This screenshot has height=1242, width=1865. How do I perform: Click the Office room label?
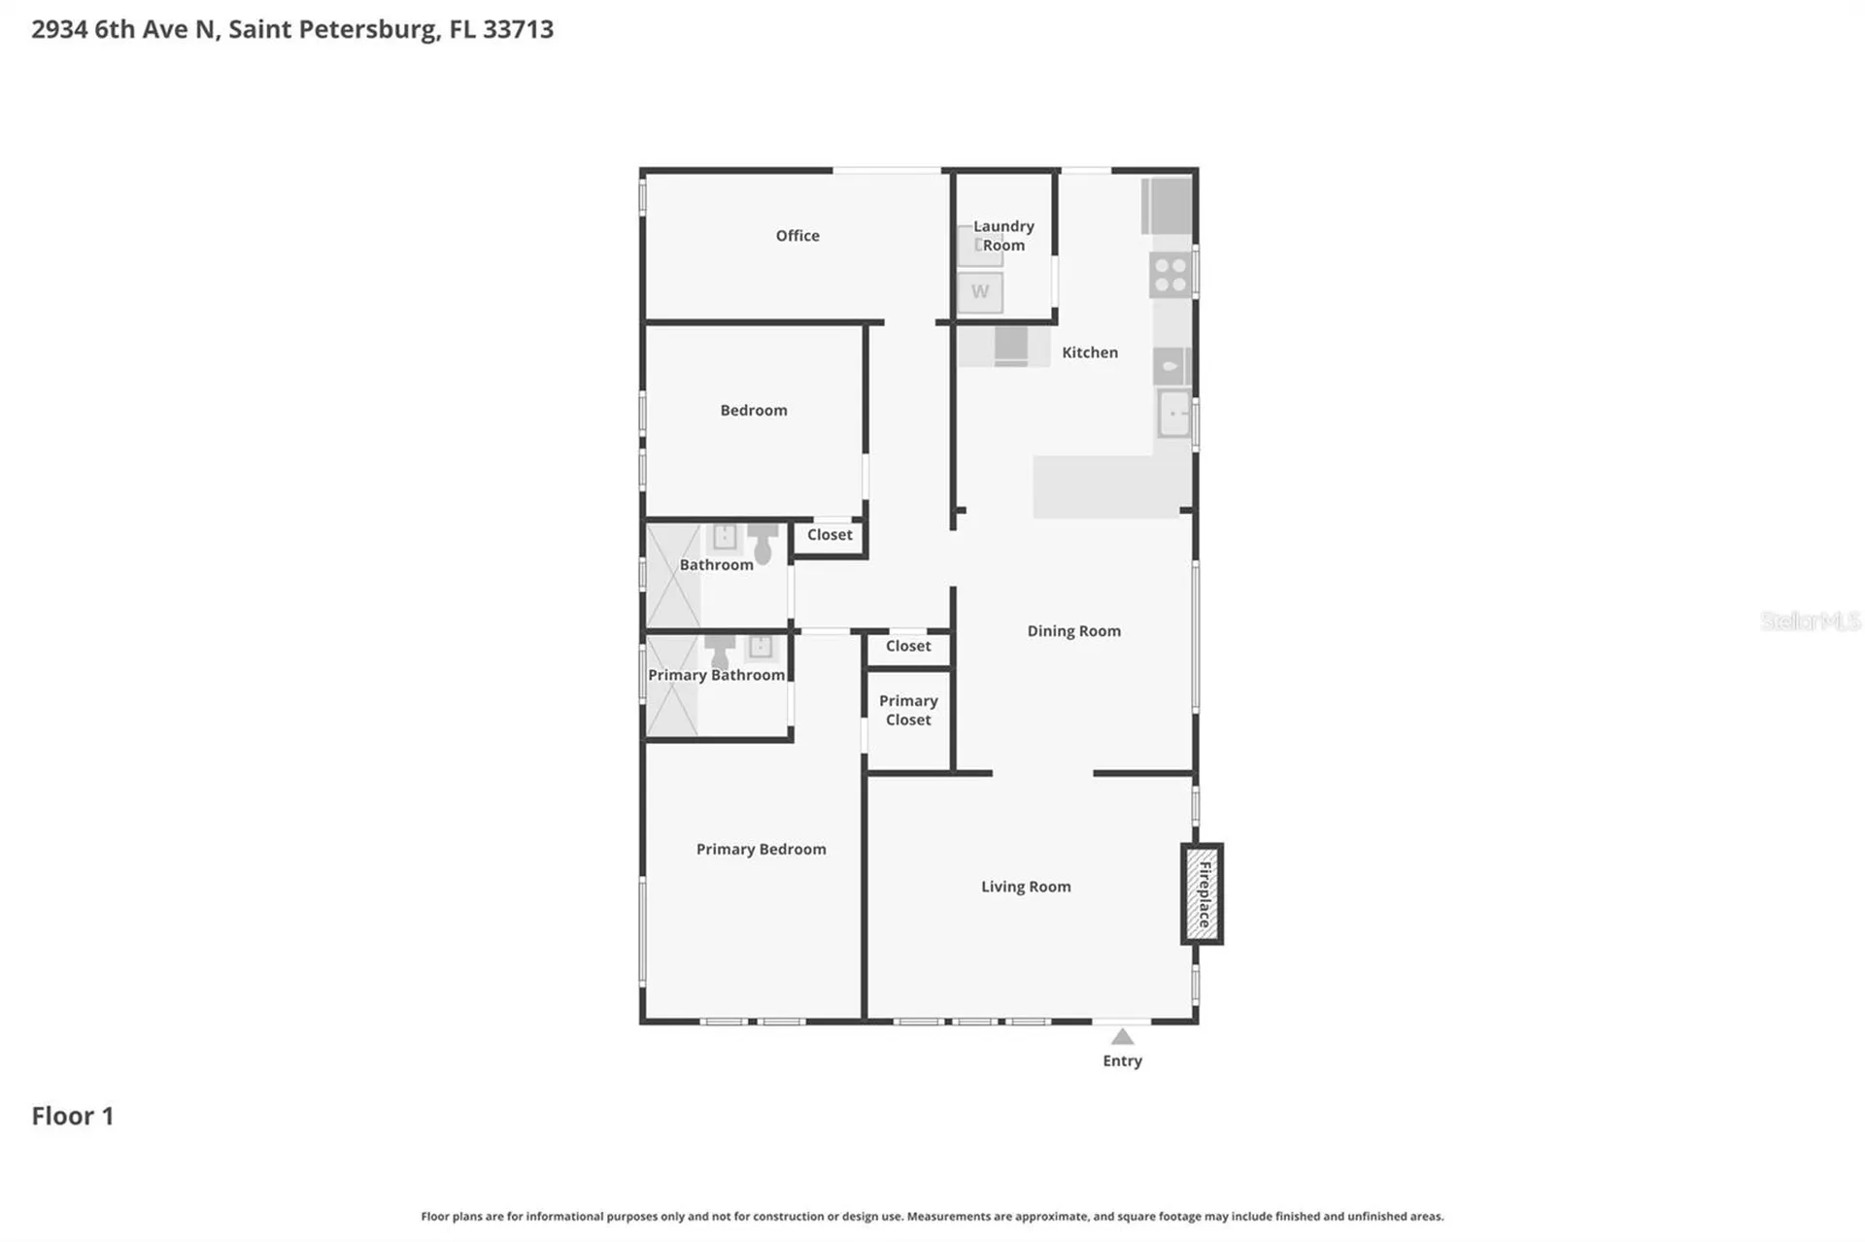(x=797, y=236)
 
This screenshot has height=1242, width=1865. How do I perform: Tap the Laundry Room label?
(x=1003, y=236)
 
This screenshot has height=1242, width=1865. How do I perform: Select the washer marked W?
(x=980, y=292)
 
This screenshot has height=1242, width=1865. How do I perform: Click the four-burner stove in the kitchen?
(x=1170, y=274)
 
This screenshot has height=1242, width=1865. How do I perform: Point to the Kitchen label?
(x=1090, y=352)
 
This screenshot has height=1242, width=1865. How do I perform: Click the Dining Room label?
(x=1074, y=631)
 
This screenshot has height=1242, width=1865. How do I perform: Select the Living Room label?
(x=1026, y=887)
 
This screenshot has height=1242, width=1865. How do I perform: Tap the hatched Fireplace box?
(x=1203, y=894)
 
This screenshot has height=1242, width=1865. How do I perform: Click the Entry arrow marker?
(x=1122, y=1036)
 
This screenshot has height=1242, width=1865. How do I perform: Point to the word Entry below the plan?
(x=1122, y=1061)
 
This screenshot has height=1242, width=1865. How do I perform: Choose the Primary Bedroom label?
(x=762, y=850)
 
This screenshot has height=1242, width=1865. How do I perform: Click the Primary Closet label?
(x=908, y=711)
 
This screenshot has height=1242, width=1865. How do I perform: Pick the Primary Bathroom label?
(x=717, y=676)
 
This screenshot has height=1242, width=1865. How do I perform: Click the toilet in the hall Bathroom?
(x=763, y=544)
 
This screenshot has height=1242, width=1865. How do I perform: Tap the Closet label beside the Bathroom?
(x=830, y=535)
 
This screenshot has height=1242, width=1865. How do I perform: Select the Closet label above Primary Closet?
(x=908, y=647)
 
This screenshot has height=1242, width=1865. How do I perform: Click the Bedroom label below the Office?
(x=754, y=411)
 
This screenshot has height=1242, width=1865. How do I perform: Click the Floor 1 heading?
(x=73, y=1116)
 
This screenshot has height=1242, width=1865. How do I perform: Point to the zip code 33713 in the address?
(x=518, y=29)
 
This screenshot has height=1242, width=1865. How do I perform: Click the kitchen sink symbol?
(x=1174, y=414)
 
